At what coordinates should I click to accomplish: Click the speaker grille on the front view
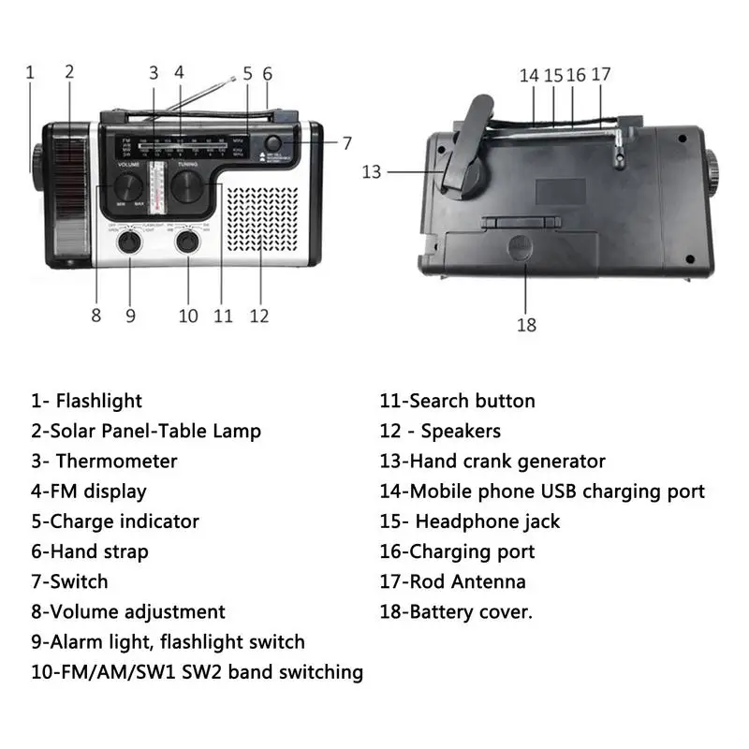pyautogui.click(x=261, y=220)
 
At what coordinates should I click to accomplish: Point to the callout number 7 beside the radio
pyautogui.click(x=346, y=143)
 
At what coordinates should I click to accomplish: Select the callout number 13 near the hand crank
pyautogui.click(x=373, y=171)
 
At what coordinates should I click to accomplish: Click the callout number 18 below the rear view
pyautogui.click(x=526, y=325)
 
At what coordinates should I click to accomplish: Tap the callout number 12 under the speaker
pyautogui.click(x=258, y=316)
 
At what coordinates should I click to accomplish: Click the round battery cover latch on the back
pyautogui.click(x=521, y=247)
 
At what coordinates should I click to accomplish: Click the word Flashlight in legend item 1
pyautogui.click(x=99, y=401)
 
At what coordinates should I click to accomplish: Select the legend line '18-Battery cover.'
pyautogui.click(x=456, y=611)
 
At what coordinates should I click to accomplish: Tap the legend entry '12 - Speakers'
pyautogui.click(x=440, y=431)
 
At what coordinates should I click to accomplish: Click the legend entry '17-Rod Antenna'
pyautogui.click(x=452, y=581)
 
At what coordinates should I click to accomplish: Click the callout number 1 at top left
pyautogui.click(x=30, y=71)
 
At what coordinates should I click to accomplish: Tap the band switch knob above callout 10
pyautogui.click(x=188, y=241)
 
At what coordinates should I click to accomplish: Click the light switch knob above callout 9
pyautogui.click(x=129, y=241)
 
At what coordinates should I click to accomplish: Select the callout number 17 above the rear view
pyautogui.click(x=601, y=74)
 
